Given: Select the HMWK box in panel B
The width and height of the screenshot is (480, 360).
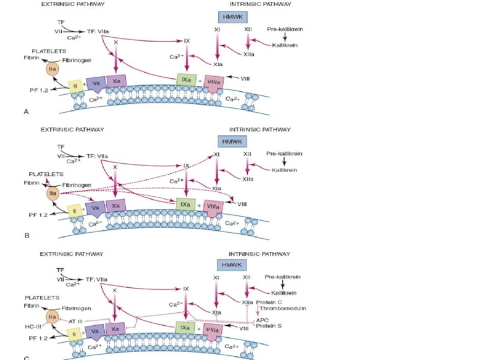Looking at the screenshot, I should (230, 142).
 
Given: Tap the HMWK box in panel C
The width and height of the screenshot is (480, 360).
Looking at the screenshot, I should (229, 265).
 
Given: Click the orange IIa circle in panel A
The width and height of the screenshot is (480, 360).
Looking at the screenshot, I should (52, 70).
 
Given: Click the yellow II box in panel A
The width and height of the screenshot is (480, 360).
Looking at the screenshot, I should (74, 87).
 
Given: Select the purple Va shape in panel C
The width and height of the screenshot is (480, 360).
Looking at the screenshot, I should (94, 330).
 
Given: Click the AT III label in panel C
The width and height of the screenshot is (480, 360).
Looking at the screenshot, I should (76, 321).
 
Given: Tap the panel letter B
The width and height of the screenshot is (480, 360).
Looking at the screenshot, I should (26, 236).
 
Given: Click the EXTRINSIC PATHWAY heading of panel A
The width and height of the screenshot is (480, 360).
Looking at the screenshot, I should (73, 4).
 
